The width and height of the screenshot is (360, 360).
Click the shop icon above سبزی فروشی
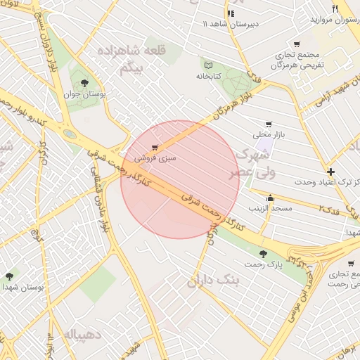(154, 148)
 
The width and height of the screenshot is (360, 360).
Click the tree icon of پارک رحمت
(263, 253)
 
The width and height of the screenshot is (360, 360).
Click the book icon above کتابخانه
(206, 64)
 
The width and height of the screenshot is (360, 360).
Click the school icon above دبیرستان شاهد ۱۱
(230, 13)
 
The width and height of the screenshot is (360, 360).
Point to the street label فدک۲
(329, 210)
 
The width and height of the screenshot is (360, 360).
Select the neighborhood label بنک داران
(214, 281)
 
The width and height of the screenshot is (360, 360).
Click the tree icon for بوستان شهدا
(9, 276)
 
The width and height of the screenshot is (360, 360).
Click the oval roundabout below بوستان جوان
(70, 133)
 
